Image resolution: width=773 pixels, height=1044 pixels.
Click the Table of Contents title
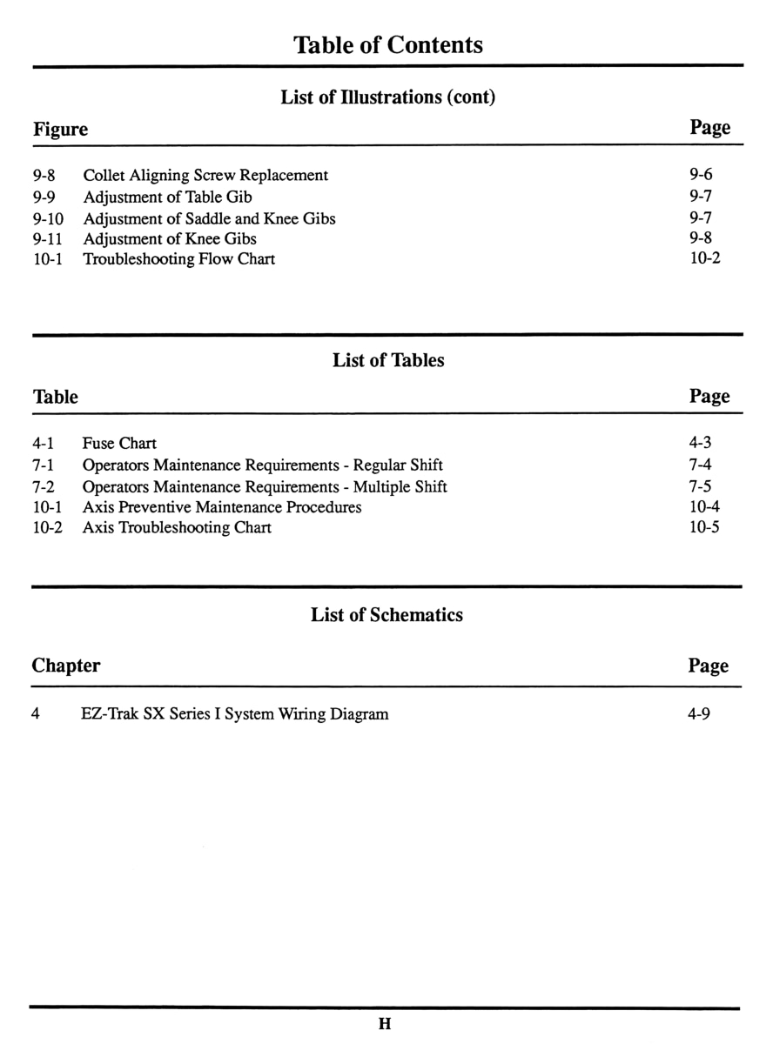coord(387,44)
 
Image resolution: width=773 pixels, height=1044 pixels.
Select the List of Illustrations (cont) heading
coord(387,97)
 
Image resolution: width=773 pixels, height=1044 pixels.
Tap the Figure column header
coord(60,130)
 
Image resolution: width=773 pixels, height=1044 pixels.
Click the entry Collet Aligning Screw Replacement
coord(205,175)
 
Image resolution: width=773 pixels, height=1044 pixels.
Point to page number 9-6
coord(701,175)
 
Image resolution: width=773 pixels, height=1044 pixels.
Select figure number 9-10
coord(49,217)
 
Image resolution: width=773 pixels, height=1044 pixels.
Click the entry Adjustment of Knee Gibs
coord(170,238)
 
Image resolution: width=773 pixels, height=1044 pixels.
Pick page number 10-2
coord(704,258)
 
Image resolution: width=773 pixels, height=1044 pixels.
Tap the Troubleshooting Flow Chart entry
coord(178,259)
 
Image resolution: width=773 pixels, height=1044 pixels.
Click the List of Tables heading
coord(387,360)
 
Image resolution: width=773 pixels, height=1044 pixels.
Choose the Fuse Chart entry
coord(119,444)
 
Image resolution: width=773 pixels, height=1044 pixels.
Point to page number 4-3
coord(700,443)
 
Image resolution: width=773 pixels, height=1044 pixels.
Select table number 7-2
coord(44,485)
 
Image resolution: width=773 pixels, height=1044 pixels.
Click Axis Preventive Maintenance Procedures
coord(222,506)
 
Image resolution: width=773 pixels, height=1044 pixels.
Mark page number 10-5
coord(703,527)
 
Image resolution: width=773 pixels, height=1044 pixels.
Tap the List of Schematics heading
coord(386,615)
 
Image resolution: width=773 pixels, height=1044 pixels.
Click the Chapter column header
coord(65,666)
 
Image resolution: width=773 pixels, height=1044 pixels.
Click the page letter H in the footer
coord(385,1024)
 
